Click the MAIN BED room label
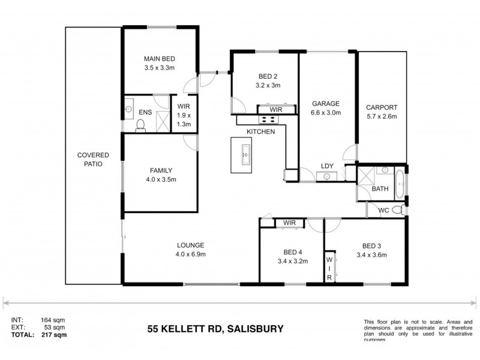[x=159, y=58]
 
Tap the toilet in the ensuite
[x=140, y=124]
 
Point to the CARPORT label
[x=382, y=107]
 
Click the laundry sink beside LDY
[x=328, y=176]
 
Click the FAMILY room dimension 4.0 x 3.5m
[x=159, y=179]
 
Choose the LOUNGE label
[x=191, y=245]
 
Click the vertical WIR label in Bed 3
[x=329, y=269]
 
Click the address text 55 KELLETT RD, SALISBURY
[x=215, y=328]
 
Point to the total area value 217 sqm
[x=53, y=335]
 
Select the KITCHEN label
[x=260, y=131]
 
